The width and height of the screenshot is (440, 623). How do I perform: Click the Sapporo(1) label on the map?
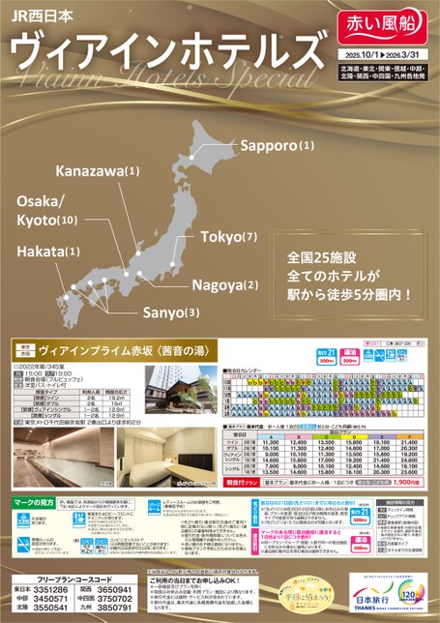(x=278, y=145)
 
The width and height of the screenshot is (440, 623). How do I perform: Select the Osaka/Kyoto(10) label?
(x=47, y=211)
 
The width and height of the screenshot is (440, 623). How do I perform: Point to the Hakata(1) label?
(x=47, y=252)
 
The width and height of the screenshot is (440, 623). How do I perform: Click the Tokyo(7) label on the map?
(x=229, y=237)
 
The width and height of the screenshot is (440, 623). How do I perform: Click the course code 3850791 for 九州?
(x=140, y=608)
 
